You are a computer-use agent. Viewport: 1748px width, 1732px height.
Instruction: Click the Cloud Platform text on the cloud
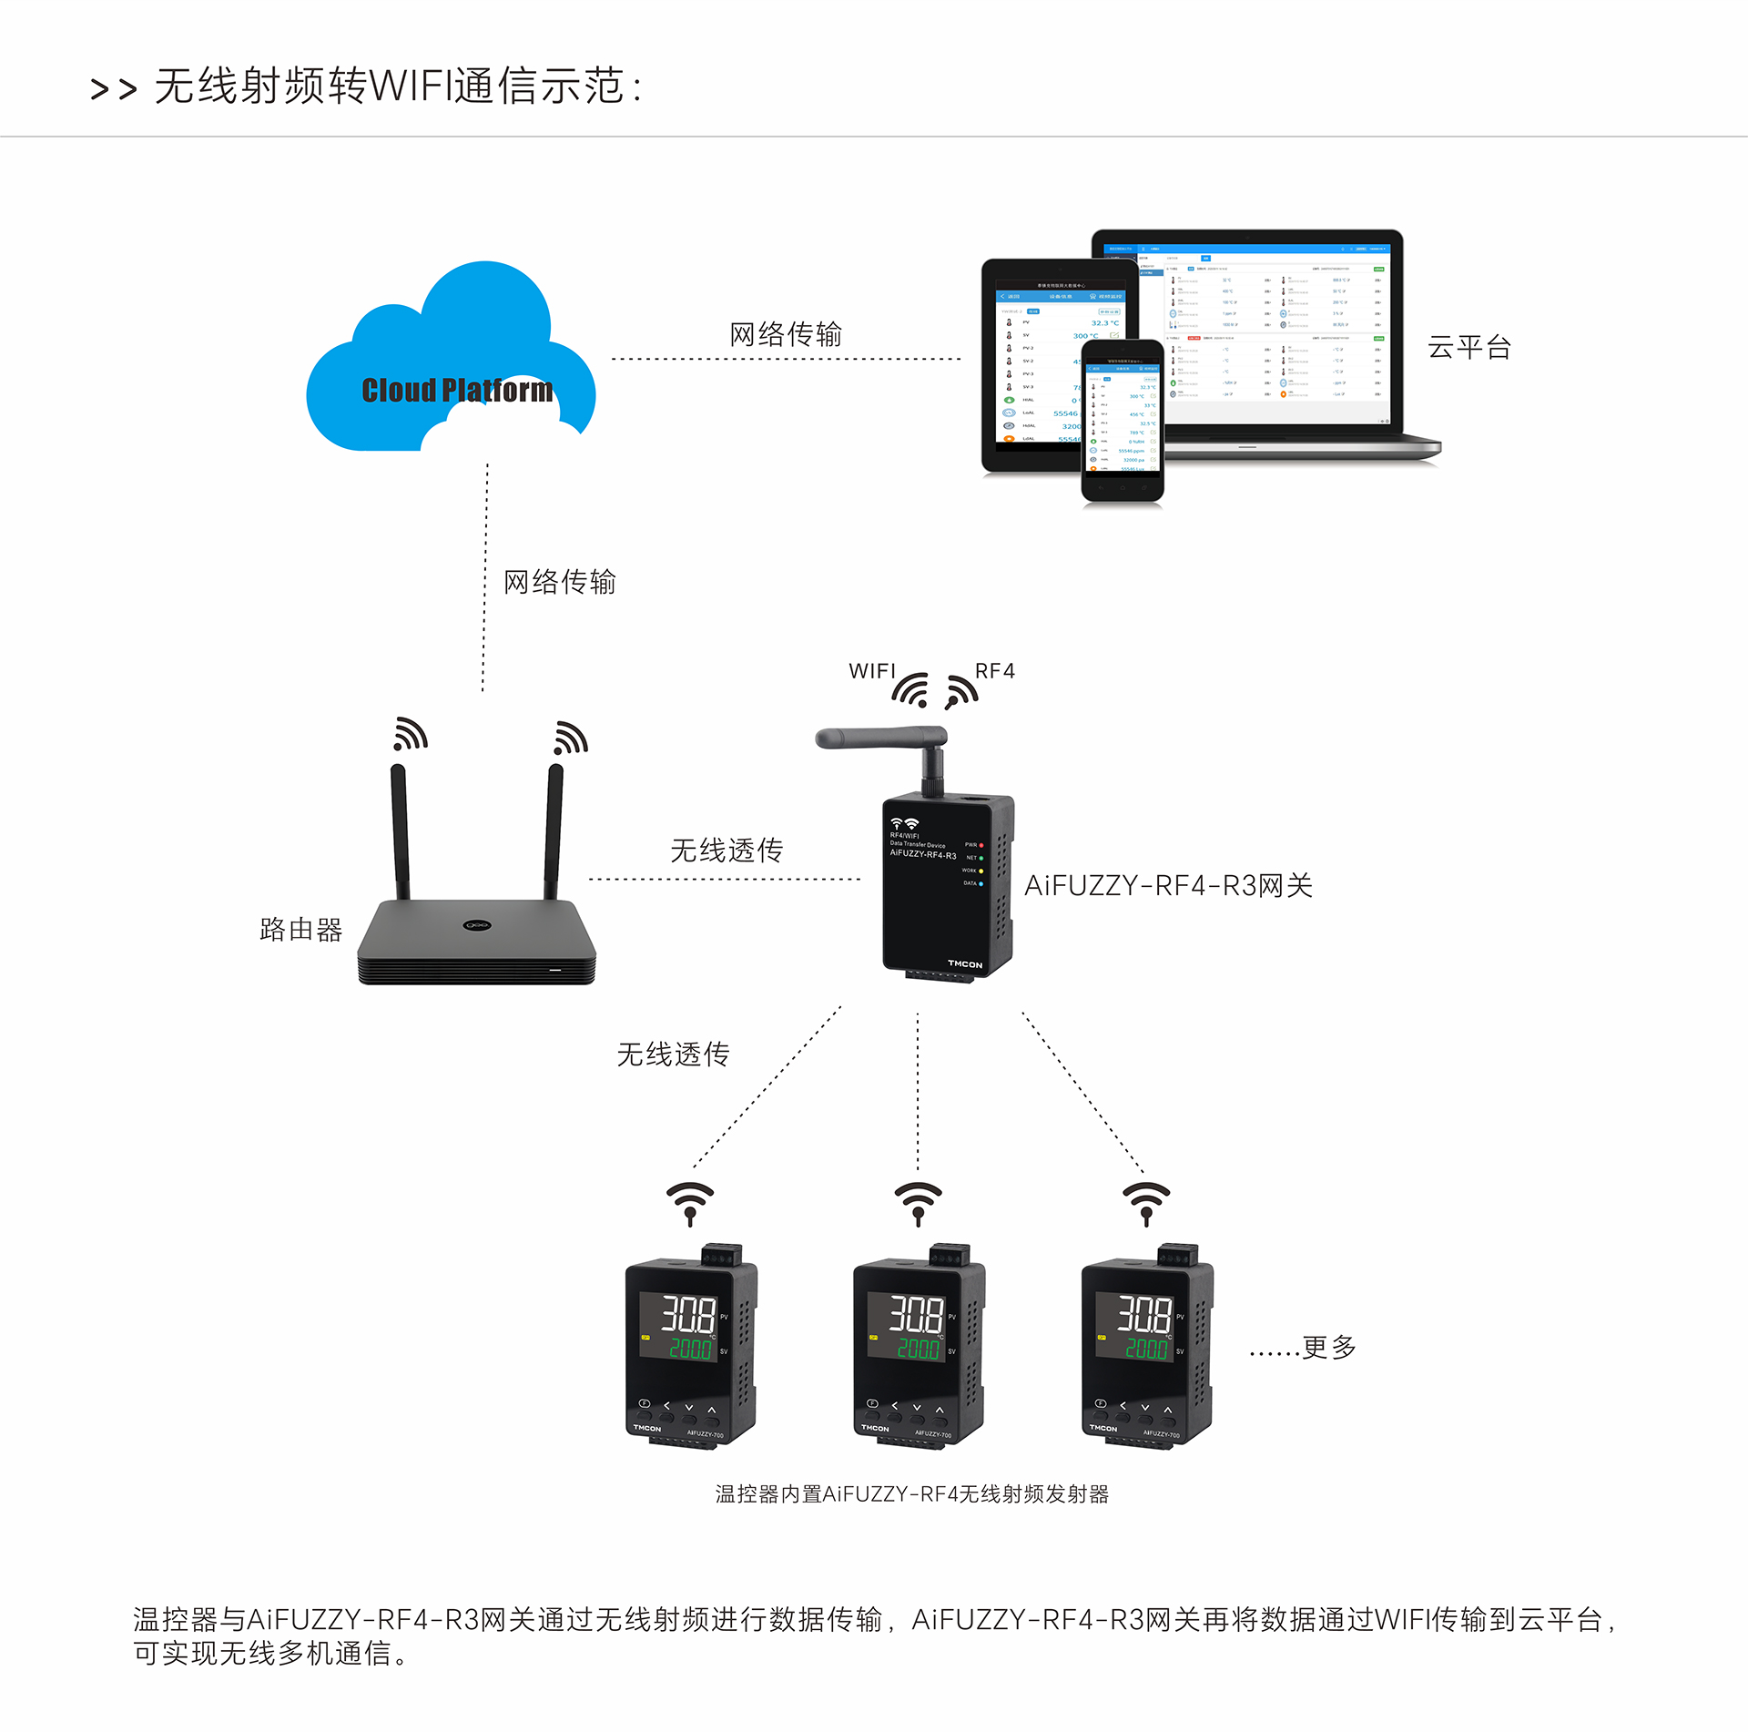pos(457,390)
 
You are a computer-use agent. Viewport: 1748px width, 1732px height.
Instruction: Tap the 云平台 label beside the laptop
pos(1469,347)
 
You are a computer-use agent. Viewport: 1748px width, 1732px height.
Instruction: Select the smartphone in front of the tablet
pos(1122,420)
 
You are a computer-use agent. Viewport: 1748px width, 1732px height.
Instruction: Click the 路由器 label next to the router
pos(300,929)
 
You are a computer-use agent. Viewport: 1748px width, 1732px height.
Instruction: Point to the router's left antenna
pos(400,829)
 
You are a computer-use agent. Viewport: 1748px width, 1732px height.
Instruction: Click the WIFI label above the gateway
pos(871,671)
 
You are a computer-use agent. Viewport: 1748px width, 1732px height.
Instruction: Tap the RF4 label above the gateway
pos(994,671)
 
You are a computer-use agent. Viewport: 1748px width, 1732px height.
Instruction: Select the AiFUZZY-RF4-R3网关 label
pos(1168,885)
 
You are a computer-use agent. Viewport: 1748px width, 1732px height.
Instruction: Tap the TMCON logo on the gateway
pos(965,963)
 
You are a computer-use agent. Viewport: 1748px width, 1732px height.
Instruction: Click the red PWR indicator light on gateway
pos(981,845)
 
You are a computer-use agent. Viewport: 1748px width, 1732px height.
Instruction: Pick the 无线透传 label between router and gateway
pos(727,851)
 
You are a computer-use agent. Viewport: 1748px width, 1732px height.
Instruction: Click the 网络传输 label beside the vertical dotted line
pos(560,582)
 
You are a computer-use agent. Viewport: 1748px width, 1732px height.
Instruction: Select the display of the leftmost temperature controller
pos(679,1326)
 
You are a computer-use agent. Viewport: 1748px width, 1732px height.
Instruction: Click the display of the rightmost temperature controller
pos(1135,1326)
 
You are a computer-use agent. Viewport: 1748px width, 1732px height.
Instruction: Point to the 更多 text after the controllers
pos(1328,1347)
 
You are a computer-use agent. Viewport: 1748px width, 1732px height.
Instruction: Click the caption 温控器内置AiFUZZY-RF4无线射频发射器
pos(911,1494)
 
